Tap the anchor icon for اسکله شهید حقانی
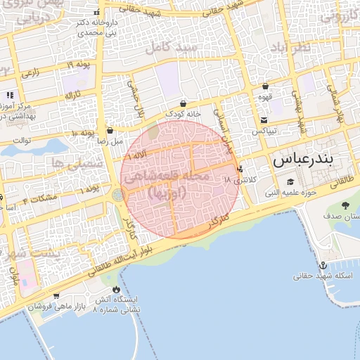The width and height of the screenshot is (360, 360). pyautogui.click(x=323, y=265)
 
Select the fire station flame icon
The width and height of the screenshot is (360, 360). pyautogui.click(x=115, y=290)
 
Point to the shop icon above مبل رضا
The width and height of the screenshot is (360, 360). pyautogui.click(x=110, y=130)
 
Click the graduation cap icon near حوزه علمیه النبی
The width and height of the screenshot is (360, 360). pyautogui.click(x=290, y=182)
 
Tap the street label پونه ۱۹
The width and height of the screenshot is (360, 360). pyautogui.click(x=80, y=65)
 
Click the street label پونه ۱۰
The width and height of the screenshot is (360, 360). pyautogui.click(x=83, y=133)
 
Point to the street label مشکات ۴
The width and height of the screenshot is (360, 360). pyautogui.click(x=40, y=200)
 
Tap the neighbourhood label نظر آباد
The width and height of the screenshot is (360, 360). pyautogui.click(x=290, y=47)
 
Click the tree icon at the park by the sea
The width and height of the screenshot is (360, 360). pyautogui.click(x=345, y=205)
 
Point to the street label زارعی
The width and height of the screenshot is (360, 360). pyautogui.click(x=32, y=72)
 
